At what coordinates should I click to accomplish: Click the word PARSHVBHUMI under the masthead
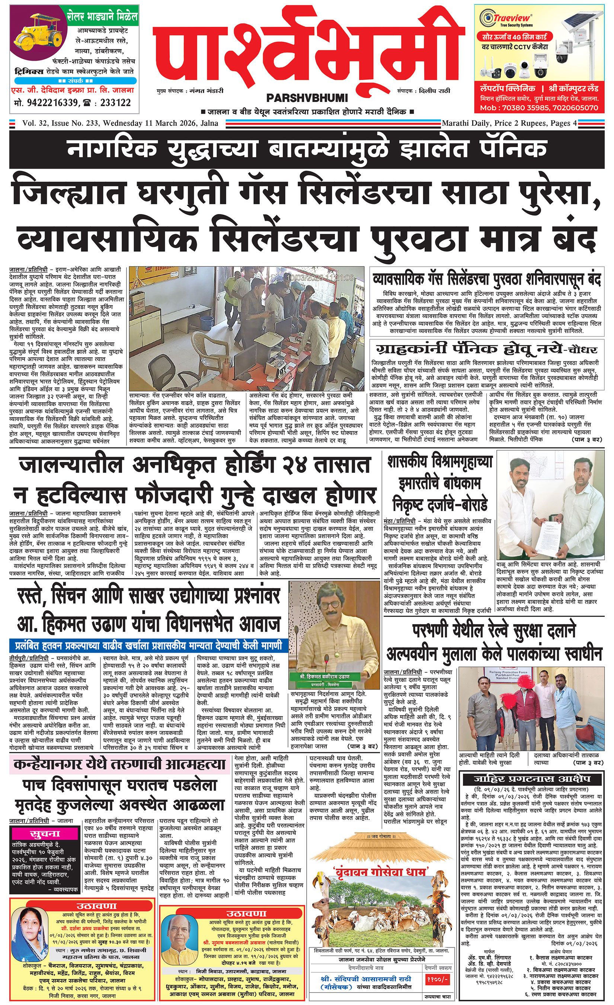coord(307,98)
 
